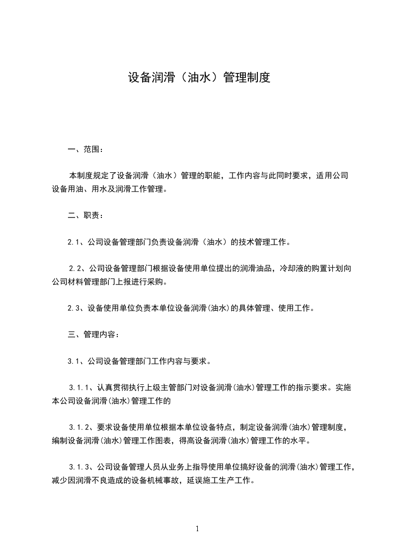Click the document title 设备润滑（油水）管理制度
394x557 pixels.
(x=199, y=77)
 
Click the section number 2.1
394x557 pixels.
(x=75, y=242)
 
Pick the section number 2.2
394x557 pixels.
(x=76, y=269)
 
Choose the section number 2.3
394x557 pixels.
(x=75, y=308)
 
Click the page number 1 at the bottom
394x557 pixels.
(x=197, y=529)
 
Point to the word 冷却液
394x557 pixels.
(x=292, y=269)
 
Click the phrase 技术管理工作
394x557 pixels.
(x=264, y=242)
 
